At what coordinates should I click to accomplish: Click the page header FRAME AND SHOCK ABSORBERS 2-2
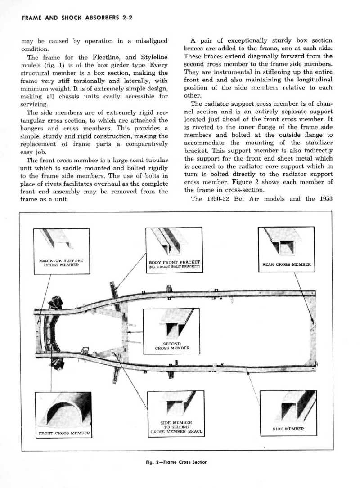72,18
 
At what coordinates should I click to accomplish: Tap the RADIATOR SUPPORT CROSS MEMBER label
61,263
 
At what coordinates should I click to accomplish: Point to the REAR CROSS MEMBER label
287,264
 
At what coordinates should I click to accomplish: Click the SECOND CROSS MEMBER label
172,345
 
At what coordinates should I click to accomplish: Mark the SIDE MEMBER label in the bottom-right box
288,429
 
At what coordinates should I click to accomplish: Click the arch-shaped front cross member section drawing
63,409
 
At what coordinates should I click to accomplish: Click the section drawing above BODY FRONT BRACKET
171,242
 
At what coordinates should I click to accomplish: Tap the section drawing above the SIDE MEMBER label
292,407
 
